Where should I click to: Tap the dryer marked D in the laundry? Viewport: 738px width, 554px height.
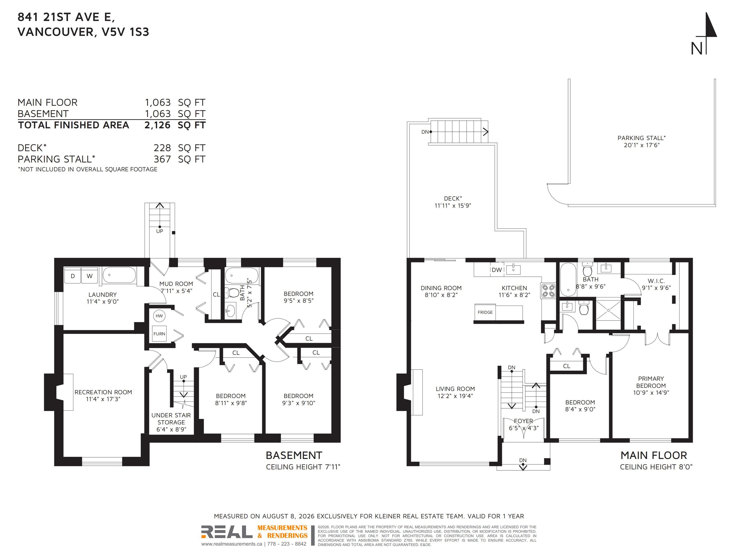[73, 276]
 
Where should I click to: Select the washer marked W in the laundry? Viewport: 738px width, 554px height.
[89, 276]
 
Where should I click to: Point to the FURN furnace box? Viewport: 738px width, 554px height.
[159, 334]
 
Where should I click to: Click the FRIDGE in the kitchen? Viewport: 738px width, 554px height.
[485, 312]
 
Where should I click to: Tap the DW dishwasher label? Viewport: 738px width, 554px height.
[497, 270]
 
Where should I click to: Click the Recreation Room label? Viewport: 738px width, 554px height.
[103, 392]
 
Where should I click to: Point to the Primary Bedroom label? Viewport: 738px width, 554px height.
[651, 382]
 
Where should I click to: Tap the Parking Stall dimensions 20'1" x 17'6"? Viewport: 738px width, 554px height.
[642, 145]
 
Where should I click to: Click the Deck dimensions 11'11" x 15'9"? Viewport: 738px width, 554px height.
[453, 206]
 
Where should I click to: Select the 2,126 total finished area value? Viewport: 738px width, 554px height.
[157, 125]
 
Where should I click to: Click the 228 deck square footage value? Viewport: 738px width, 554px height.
[162, 148]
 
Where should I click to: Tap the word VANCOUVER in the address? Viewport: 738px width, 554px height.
[55, 32]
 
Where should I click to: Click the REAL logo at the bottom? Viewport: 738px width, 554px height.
[227, 531]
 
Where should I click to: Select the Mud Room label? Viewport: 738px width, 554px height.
[176, 284]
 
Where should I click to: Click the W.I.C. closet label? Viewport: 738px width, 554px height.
[656, 281]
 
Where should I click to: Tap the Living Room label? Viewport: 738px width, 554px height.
[455, 389]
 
